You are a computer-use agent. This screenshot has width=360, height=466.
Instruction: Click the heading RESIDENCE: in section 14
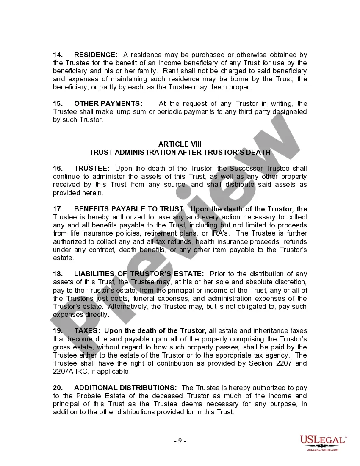(x=96, y=55)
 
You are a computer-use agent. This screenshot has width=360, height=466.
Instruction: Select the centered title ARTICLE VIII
(x=180, y=144)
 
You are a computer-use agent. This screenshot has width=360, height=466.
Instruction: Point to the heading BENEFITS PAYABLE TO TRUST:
(x=130, y=209)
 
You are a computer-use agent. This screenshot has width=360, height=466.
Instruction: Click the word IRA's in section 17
(x=221, y=233)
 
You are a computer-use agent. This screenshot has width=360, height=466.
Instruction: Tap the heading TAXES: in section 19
(x=87, y=331)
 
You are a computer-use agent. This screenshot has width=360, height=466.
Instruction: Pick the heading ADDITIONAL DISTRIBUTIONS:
(x=125, y=388)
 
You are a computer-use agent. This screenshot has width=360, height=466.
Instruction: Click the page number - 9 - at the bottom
(x=180, y=441)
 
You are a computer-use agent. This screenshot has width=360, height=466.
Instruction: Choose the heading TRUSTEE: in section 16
(x=92, y=169)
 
